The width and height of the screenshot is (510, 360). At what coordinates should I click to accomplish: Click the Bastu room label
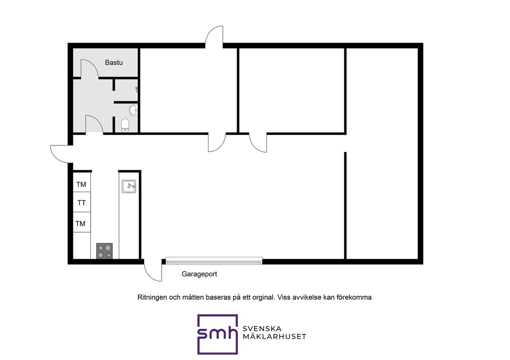pyautogui.click(x=114, y=63)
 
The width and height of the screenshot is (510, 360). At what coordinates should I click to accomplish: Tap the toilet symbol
pyautogui.click(x=125, y=125)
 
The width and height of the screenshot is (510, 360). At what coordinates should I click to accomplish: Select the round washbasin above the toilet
pyautogui.click(x=133, y=110)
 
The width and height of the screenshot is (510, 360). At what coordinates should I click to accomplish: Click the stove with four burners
pyautogui.click(x=104, y=251)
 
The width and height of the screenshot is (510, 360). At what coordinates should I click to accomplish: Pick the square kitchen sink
pyautogui.click(x=129, y=186)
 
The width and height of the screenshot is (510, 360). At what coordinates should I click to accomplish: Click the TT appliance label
pyautogui.click(x=82, y=203)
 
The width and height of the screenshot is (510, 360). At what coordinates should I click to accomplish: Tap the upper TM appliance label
pyautogui.click(x=81, y=184)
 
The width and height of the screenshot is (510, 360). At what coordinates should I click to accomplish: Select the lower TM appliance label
pyautogui.click(x=80, y=224)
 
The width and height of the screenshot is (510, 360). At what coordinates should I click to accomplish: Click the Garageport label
pyautogui.click(x=199, y=274)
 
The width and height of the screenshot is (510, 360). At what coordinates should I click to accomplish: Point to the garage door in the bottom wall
pyautogui.click(x=214, y=260)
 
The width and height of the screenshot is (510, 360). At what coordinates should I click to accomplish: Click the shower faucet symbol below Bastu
pyautogui.click(x=137, y=90)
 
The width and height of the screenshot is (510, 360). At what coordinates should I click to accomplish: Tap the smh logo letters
pyautogui.click(x=217, y=333)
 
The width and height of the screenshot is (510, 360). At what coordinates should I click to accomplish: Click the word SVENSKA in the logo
pyautogui.click(x=262, y=329)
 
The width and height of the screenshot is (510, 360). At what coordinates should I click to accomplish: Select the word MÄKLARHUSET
pyautogui.click(x=275, y=337)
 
